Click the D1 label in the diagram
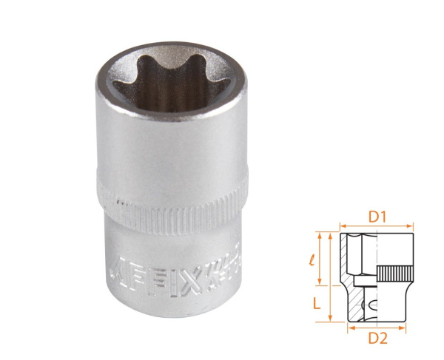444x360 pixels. [377, 218]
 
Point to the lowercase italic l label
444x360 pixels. [312, 260]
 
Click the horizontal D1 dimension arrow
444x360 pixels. [377, 228]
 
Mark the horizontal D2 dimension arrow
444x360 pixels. [377, 325]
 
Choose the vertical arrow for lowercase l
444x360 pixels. [321, 259]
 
